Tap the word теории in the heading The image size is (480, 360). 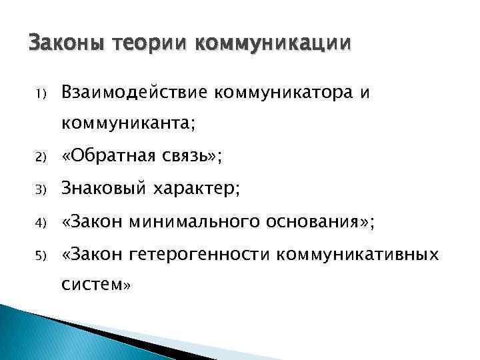pyautogui.click(x=151, y=45)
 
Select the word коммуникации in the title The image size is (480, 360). pyautogui.click(x=273, y=45)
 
